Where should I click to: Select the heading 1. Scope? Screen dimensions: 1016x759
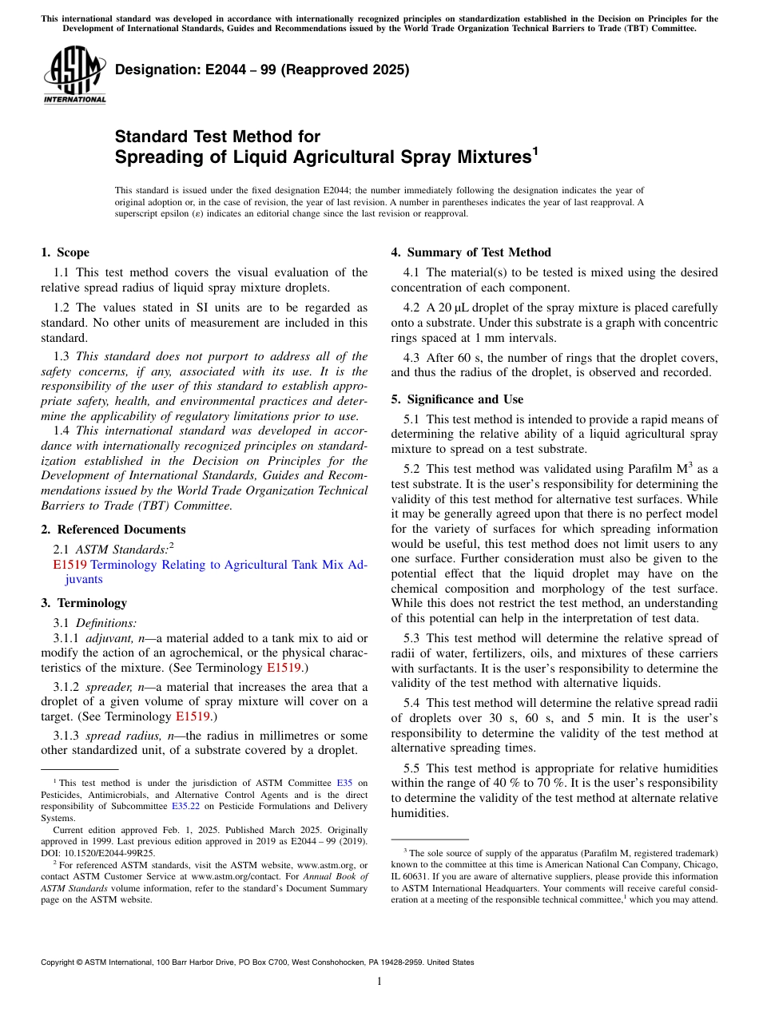tap(66, 252)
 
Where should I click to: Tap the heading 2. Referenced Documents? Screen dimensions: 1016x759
tap(113, 530)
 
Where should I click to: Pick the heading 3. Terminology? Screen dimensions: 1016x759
tap(84, 603)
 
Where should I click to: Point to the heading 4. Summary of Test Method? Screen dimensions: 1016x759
tap(471, 252)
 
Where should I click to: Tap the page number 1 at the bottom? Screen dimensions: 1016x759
tap(379, 982)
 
